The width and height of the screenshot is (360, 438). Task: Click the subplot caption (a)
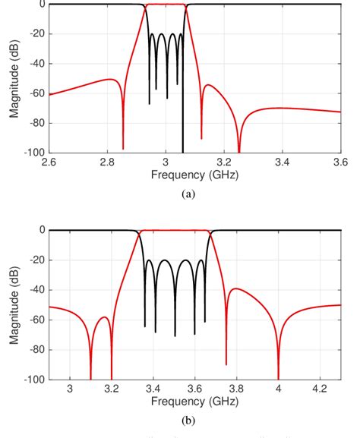pyautogui.click(x=189, y=194)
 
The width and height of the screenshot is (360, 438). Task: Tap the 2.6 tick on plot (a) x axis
pyautogui.click(x=49, y=162)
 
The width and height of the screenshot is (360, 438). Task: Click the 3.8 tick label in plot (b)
pyautogui.click(x=236, y=389)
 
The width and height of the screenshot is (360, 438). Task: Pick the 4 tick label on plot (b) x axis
pyautogui.click(x=278, y=389)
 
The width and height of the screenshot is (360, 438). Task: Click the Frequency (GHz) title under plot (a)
pyautogui.click(x=194, y=175)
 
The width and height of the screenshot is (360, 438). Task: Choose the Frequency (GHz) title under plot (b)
pyautogui.click(x=194, y=401)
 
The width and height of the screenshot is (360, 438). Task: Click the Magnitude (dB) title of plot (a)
pyautogui.click(x=14, y=78)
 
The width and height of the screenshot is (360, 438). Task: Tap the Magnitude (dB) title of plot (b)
pyautogui.click(x=14, y=304)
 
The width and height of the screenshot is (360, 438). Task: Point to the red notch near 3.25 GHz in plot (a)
pyautogui.click(x=239, y=150)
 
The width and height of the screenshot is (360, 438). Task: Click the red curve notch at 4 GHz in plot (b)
pyautogui.click(x=278, y=376)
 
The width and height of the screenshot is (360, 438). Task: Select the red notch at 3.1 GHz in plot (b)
pyautogui.click(x=90, y=376)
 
